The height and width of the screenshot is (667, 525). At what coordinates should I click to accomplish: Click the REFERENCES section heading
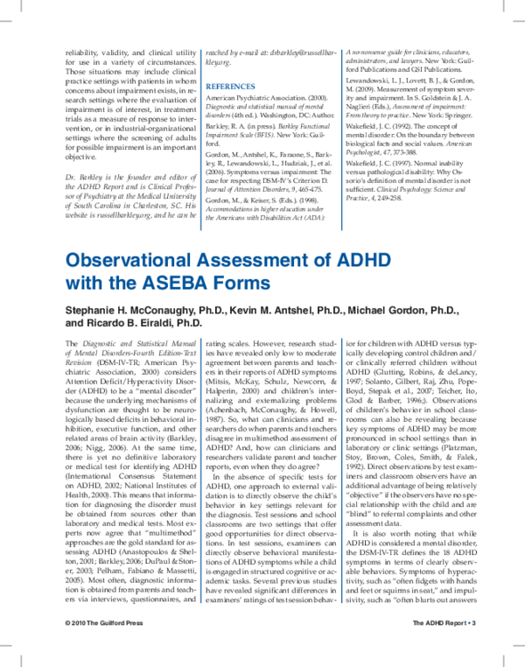point(232,87)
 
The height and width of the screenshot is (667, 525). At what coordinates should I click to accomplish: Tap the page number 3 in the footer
point(472,646)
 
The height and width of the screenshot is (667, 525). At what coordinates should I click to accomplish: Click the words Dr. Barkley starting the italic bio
point(86,177)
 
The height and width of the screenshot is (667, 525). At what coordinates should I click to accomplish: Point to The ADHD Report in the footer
point(442,646)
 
